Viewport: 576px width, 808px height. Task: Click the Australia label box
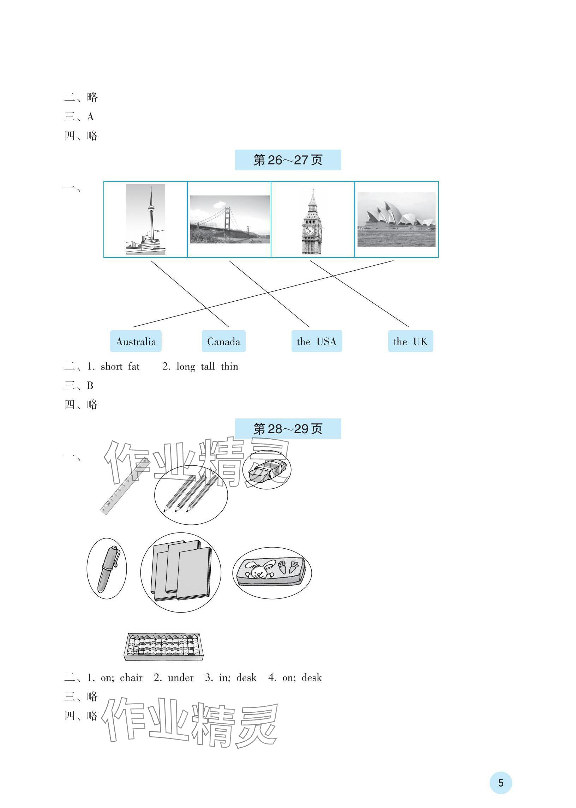(136, 341)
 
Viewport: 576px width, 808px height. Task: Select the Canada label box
(223, 341)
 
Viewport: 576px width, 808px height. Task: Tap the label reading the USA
(317, 341)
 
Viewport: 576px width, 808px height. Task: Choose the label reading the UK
(410, 341)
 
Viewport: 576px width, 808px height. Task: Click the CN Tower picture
(145, 219)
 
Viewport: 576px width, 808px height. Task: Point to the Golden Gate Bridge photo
(230, 219)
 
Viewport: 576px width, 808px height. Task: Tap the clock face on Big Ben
(310, 231)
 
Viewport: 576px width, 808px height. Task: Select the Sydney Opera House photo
(396, 219)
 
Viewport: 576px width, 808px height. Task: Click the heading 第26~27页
(288, 160)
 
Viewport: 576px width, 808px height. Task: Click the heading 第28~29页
(288, 429)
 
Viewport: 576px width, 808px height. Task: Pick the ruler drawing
(124, 486)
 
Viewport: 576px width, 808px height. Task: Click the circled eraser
(267, 470)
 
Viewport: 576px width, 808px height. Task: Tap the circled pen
(107, 568)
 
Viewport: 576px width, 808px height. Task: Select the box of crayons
(163, 647)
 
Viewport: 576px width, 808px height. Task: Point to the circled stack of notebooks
(181, 573)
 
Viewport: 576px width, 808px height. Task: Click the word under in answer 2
(181, 677)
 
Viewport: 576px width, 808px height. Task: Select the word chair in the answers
(131, 677)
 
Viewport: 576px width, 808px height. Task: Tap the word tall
(208, 366)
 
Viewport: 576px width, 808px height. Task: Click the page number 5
(501, 783)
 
